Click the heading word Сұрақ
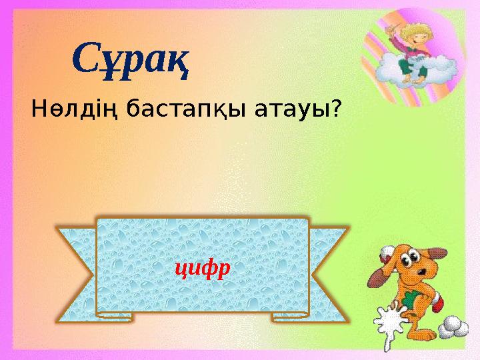click(x=131, y=59)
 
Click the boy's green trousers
click(x=405, y=65)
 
